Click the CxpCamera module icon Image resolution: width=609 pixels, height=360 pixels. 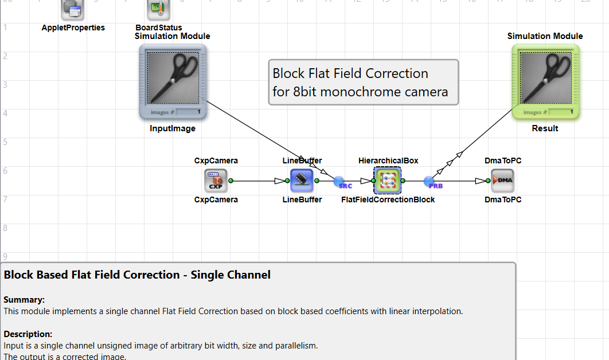(216, 181)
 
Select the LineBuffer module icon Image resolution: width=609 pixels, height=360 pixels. (302, 181)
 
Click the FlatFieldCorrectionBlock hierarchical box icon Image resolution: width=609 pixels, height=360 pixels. (388, 181)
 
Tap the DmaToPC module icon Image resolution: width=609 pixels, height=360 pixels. (503, 181)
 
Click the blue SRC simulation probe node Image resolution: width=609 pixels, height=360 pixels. (339, 181)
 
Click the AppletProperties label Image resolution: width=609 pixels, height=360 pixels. (73, 28)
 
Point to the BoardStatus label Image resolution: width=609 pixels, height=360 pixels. (159, 28)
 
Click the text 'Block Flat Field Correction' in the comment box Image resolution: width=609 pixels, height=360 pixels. (350, 73)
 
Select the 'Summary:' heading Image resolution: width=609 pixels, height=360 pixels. (24, 299)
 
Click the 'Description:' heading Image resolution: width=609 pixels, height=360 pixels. (28, 334)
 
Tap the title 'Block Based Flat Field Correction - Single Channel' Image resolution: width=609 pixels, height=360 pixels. (137, 275)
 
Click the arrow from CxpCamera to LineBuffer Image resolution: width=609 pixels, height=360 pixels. (261, 181)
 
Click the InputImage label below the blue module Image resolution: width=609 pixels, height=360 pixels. (173, 128)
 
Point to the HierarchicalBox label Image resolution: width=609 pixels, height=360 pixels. (388, 161)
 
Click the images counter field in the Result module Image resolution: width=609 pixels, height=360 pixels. (561, 111)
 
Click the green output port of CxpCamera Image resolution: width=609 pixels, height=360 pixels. (231, 181)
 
